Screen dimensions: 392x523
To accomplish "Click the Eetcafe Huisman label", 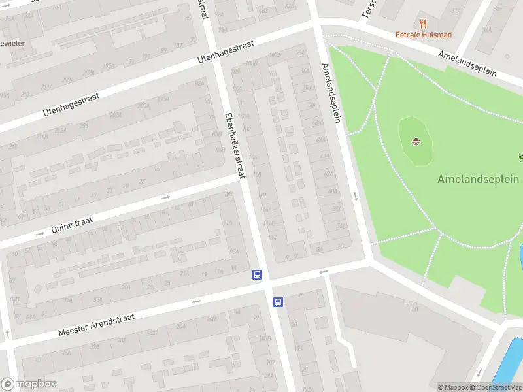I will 423,35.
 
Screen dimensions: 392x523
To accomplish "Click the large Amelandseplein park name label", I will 478,179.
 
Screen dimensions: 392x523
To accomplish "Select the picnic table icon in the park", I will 416,141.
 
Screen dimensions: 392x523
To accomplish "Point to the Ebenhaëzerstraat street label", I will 234,144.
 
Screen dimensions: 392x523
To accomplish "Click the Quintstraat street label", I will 72,224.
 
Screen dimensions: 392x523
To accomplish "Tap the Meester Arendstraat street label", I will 96,324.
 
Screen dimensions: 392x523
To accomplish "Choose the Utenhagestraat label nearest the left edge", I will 69,104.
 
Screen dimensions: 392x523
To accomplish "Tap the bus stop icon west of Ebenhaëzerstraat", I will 258,276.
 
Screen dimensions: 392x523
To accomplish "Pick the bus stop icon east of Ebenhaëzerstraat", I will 278,302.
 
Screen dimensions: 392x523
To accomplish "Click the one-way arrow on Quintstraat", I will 165,197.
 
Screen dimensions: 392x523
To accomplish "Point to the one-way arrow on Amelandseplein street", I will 355,196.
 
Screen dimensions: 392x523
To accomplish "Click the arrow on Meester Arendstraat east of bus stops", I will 323,272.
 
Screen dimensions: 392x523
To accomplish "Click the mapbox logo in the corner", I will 29,384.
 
